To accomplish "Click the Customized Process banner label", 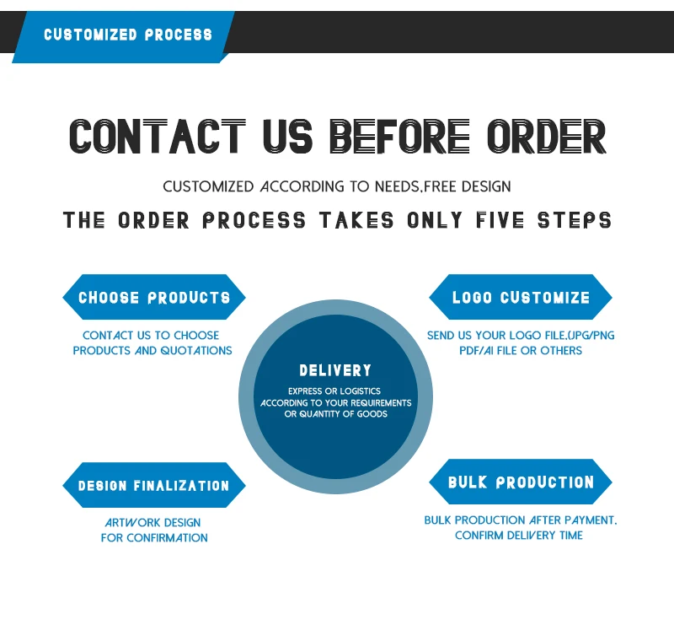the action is tap(128, 35).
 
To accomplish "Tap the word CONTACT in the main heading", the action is tap(157, 137).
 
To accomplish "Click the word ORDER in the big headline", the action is tap(546, 137).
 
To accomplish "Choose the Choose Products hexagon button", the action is tap(154, 298).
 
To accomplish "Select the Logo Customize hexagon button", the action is tap(521, 298).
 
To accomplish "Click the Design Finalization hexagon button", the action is tap(154, 486).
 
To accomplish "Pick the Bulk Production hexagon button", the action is tap(521, 482).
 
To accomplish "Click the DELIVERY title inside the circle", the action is tap(335, 370).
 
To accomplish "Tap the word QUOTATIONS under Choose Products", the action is tap(196, 351).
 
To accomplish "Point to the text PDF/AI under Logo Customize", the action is tap(478, 351).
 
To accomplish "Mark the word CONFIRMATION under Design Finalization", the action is tap(167, 538).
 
